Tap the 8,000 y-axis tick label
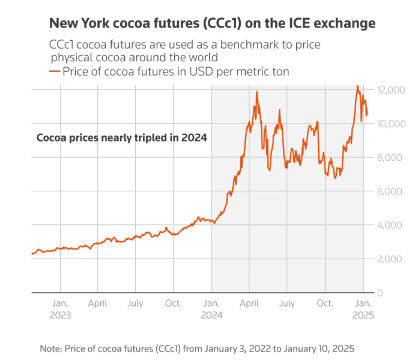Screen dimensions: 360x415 click(x=390, y=157)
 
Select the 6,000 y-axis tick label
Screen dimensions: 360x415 click(x=390, y=191)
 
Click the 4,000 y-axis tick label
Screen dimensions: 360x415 click(x=390, y=225)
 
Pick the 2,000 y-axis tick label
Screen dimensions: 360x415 click(x=390, y=259)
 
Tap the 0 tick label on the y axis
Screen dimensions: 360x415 click(x=380, y=292)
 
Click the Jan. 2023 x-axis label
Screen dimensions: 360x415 click(x=61, y=309)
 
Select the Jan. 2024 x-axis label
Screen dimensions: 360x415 click(x=211, y=309)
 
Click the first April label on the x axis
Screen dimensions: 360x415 click(x=98, y=304)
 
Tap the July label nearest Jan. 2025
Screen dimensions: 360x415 click(x=287, y=304)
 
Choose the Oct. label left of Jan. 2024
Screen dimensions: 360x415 click(x=173, y=304)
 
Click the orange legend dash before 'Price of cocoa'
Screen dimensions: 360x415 click(x=54, y=72)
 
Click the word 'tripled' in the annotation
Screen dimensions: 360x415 click(x=148, y=137)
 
